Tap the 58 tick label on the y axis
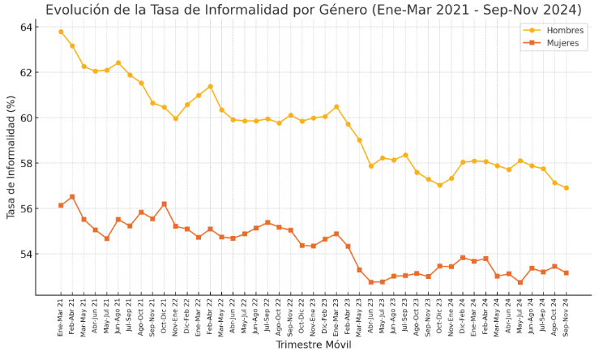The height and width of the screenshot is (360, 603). click(x=26, y=164)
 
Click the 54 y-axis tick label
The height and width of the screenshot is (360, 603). click(x=26, y=255)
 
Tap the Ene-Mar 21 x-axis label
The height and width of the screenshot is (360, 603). click(x=61, y=316)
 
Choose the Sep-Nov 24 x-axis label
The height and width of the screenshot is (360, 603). click(x=566, y=316)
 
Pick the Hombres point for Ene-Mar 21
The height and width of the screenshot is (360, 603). click(x=61, y=32)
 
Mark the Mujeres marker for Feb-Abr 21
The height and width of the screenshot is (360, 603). click(x=72, y=196)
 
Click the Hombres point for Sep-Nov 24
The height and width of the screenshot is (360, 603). click(x=566, y=188)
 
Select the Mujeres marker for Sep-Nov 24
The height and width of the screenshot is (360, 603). click(x=566, y=272)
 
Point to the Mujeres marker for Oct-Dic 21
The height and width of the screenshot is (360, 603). click(x=165, y=204)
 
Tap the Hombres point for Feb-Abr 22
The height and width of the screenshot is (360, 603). click(x=211, y=87)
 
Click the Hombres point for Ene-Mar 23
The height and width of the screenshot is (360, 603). click(x=336, y=107)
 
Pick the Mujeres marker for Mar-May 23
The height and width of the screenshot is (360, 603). click(x=359, y=270)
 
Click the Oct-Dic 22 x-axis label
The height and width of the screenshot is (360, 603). click(x=302, y=316)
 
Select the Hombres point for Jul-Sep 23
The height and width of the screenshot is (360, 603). click(x=405, y=155)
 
